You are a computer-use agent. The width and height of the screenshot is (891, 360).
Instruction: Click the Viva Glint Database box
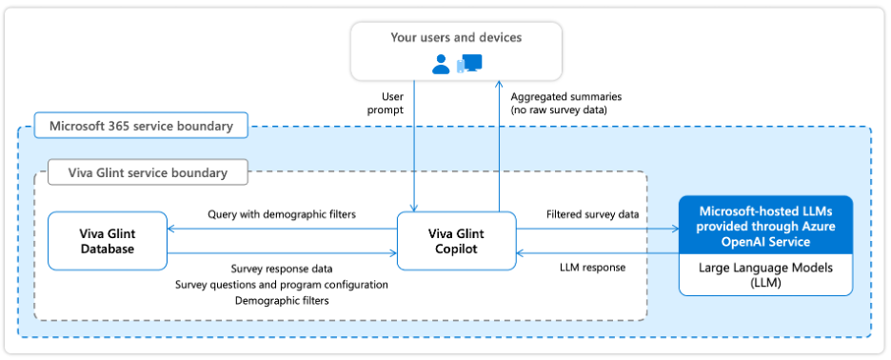point(107,241)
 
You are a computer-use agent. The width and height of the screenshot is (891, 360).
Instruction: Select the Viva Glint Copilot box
point(456,241)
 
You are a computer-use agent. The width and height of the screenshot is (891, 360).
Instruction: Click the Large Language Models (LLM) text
point(765,275)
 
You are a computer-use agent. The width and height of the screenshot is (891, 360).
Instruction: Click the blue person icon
point(441,64)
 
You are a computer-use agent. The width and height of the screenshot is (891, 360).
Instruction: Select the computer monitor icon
point(471,63)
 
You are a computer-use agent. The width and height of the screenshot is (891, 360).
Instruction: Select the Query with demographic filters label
point(282,214)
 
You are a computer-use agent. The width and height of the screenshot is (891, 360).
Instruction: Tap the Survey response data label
point(282,269)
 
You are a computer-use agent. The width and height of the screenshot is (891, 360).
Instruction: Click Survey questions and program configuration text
point(282,284)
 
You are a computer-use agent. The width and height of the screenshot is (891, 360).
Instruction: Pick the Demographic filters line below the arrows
point(282,300)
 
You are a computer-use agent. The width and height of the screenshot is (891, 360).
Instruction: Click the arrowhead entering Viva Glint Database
point(171,229)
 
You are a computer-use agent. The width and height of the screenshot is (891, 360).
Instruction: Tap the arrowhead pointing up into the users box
point(496,85)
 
